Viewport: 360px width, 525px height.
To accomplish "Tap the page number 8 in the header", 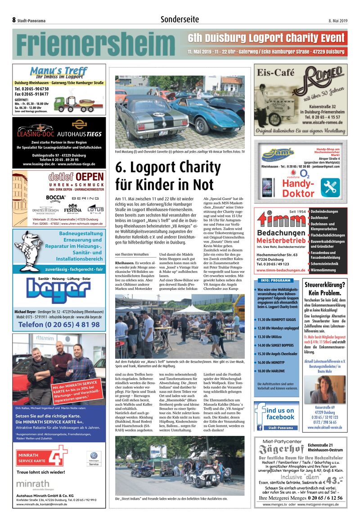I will [x=14, y=20].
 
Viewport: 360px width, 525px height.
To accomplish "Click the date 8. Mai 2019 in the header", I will [x=337, y=20].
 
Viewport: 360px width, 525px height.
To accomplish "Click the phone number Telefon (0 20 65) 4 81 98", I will [x=59, y=324].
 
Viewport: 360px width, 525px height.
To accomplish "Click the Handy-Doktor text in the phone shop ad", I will [x=298, y=189].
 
